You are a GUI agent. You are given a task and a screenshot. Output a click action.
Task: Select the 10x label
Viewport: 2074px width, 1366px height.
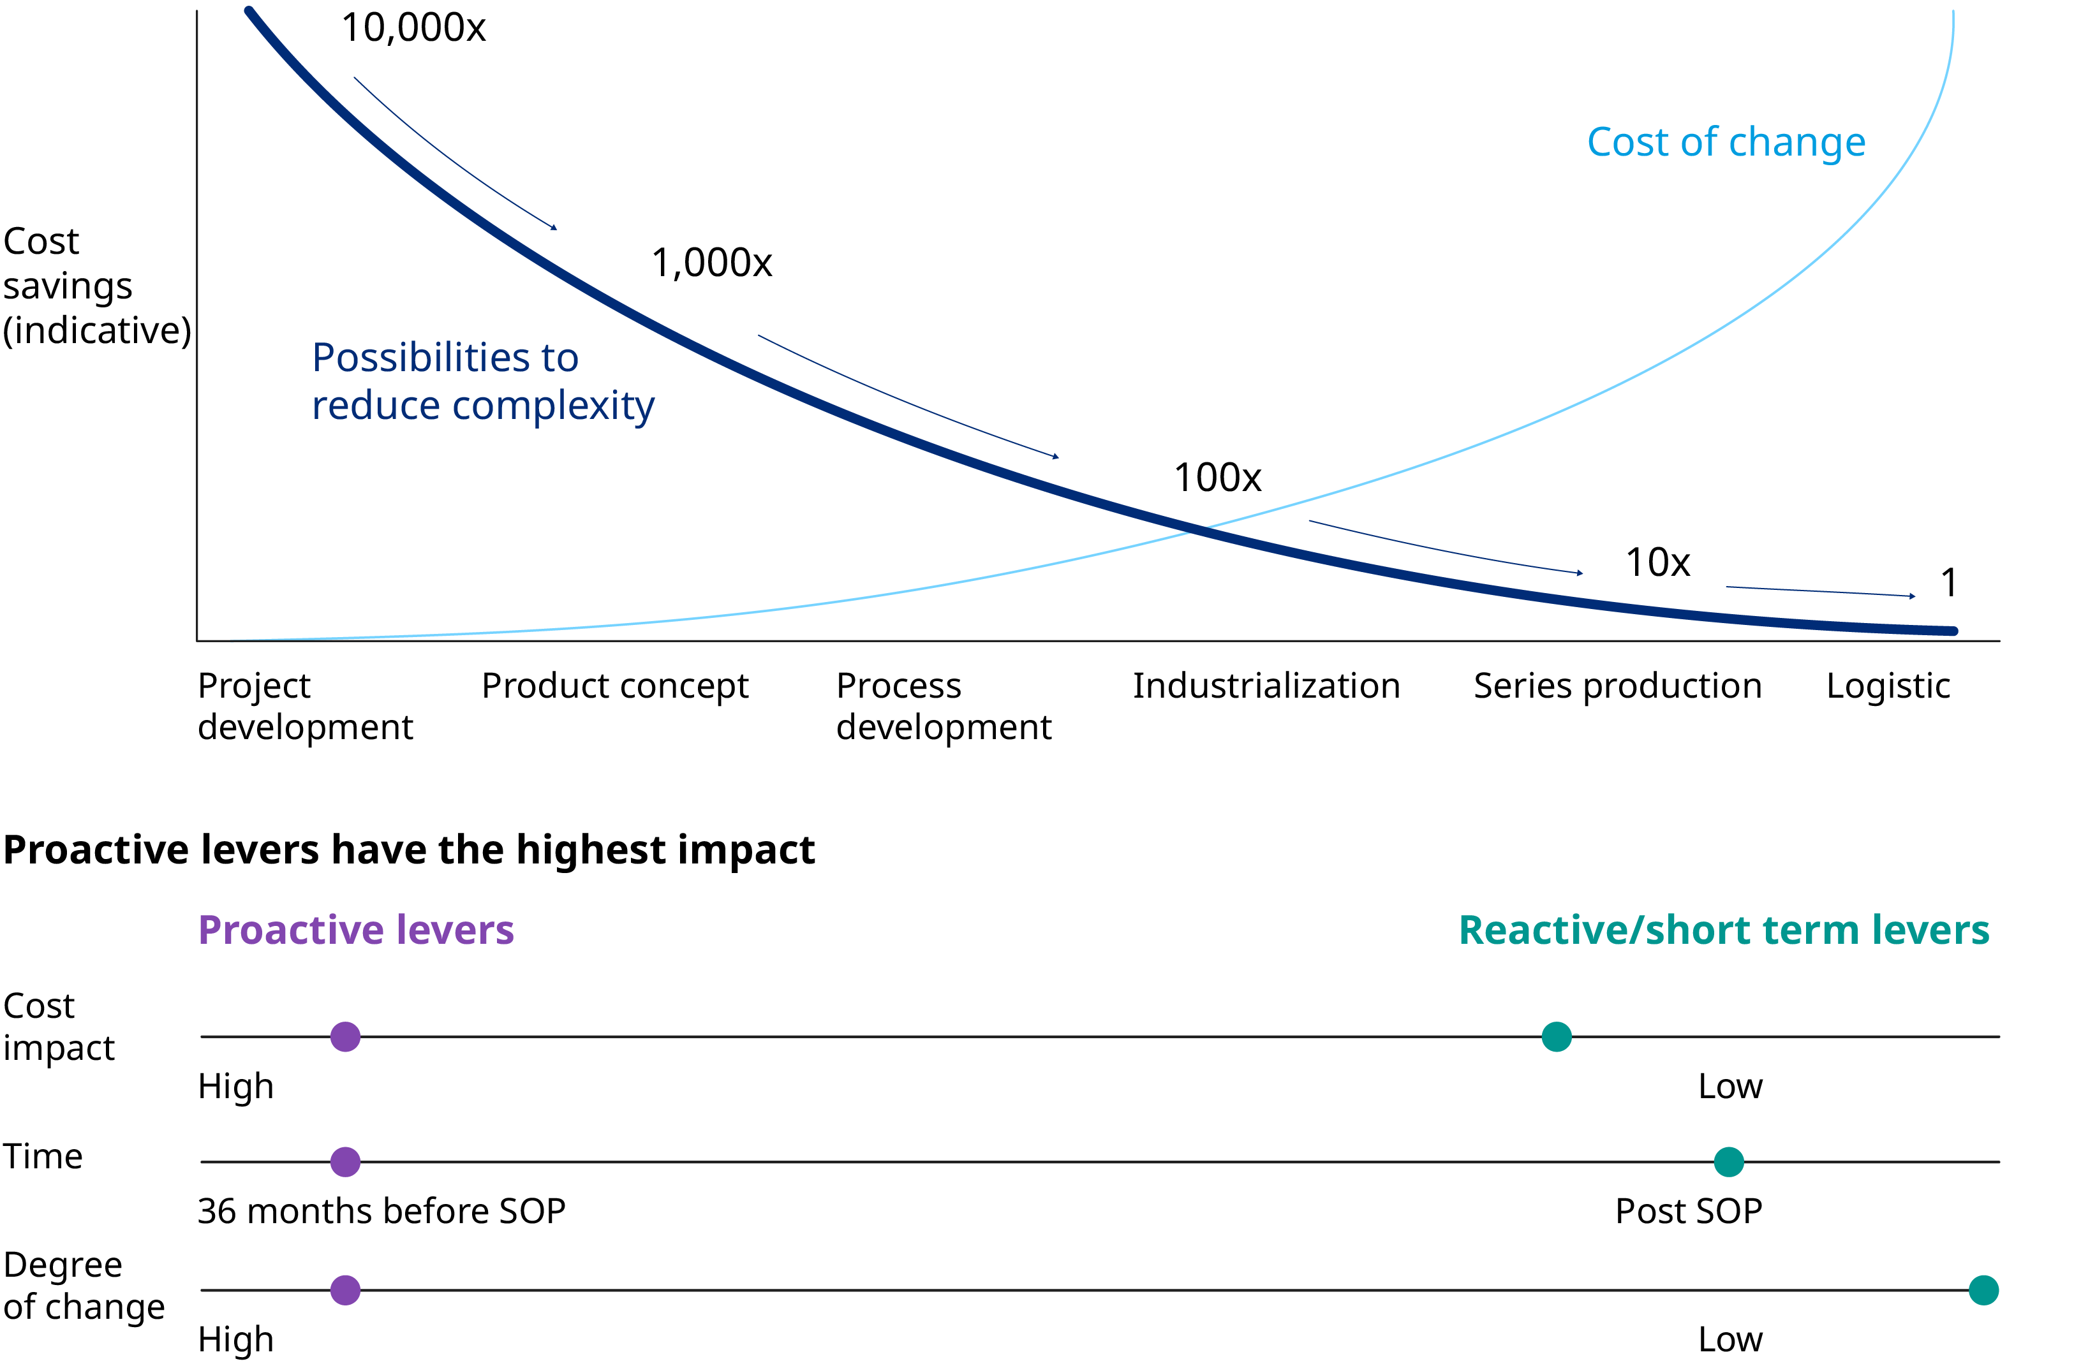[1657, 562]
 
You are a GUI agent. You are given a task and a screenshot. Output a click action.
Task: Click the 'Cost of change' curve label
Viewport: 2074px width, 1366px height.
[1726, 142]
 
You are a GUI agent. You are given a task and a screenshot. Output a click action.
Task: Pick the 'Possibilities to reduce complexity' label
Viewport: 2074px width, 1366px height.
[483, 381]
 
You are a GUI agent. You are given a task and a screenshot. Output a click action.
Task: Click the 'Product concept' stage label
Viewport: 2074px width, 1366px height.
[614, 686]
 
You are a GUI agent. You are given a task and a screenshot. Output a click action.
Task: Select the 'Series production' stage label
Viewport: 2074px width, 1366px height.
[1617, 686]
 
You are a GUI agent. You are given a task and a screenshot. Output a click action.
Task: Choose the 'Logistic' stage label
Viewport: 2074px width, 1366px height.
[1888, 686]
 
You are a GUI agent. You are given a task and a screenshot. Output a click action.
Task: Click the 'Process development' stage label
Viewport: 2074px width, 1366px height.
[943, 707]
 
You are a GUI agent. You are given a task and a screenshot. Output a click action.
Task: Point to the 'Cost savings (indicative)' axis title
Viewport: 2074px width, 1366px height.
[96, 286]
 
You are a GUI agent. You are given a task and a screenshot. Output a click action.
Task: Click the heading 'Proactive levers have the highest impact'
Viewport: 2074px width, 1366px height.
[409, 849]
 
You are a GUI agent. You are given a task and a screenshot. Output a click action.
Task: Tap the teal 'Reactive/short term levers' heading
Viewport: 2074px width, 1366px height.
[1724, 930]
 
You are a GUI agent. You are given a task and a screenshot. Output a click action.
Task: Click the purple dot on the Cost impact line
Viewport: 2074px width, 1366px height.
[345, 1037]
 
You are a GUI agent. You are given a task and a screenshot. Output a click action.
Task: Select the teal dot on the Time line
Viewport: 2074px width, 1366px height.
[1729, 1161]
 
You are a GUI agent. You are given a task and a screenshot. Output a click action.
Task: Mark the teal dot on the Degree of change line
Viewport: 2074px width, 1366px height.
[1983, 1290]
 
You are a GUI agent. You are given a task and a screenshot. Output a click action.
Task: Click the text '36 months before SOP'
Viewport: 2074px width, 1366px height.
[381, 1211]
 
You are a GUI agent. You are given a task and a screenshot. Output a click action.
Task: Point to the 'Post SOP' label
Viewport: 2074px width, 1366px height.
[1688, 1211]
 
